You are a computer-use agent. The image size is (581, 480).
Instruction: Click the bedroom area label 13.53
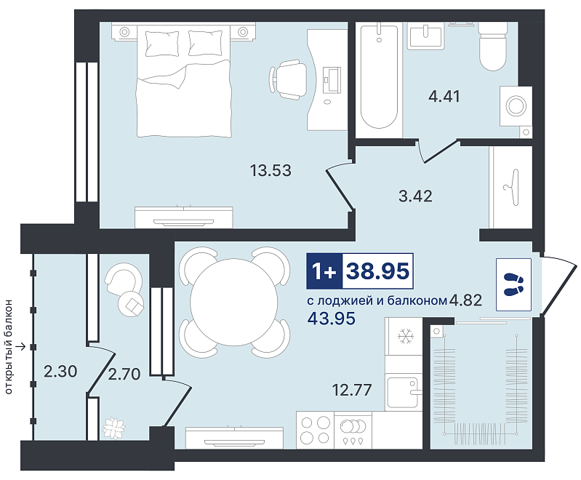pos(271,170)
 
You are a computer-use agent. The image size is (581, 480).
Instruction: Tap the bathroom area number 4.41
pos(444,97)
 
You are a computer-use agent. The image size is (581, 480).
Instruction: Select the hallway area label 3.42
pos(415,196)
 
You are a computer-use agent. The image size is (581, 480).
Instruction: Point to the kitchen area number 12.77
pos(352,390)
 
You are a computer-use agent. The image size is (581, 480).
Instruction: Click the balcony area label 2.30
pos(60,371)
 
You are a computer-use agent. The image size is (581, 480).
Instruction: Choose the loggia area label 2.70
pos(124,374)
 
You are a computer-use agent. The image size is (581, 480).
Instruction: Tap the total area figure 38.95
pos(377,271)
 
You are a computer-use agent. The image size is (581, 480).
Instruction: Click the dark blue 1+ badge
pos(324,271)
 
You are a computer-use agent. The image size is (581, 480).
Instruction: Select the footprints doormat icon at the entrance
pos(513,284)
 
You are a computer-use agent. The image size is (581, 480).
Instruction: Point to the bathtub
pos(379,76)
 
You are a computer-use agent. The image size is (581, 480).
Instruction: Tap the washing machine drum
pos(516,106)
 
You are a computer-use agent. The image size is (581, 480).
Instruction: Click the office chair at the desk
pos(289,79)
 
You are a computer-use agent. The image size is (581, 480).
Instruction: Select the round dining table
pos(234,302)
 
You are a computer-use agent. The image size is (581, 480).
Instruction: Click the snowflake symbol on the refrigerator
pos(405,337)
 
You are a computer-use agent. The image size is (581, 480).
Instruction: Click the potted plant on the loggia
pos(113,428)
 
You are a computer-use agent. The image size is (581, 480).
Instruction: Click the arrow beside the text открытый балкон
pos(22,347)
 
